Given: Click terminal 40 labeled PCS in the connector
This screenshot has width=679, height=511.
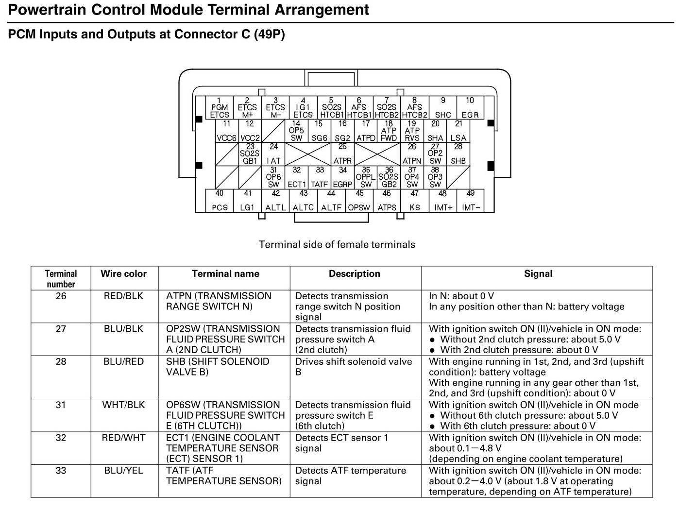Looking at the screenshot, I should pos(220,201).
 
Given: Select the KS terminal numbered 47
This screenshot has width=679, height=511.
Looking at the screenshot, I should pos(415,201).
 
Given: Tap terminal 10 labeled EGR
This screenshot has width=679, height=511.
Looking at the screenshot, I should pos(470,108).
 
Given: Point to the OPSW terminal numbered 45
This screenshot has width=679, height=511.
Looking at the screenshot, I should pos(359,201).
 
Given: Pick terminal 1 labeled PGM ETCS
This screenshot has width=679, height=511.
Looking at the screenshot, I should pos(220,108).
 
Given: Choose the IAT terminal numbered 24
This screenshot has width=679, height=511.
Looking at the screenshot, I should pos(273,154).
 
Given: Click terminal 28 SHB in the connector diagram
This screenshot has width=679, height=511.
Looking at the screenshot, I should pos(458,154).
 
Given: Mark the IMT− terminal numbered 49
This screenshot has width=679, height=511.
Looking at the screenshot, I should pos(471,201).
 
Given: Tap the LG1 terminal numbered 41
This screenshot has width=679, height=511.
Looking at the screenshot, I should pos(247,201).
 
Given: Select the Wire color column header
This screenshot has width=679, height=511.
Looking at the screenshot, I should pos(123,274).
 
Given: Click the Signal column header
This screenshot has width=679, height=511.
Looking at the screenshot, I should pos(538,274).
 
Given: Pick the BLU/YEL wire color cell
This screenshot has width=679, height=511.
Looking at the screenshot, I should pos(123,471).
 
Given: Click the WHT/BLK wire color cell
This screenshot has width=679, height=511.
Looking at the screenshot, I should pos(123,405).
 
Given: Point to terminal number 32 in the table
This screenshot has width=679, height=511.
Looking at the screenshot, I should pos(61,438).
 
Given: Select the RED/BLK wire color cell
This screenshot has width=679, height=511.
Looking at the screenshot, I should pos(123,296).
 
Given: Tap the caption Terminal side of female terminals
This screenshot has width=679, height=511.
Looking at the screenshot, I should pos(337,244).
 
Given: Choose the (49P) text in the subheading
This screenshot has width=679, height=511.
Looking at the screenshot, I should pos(269,34).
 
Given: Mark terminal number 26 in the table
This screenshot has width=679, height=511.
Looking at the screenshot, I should pos(61,296).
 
